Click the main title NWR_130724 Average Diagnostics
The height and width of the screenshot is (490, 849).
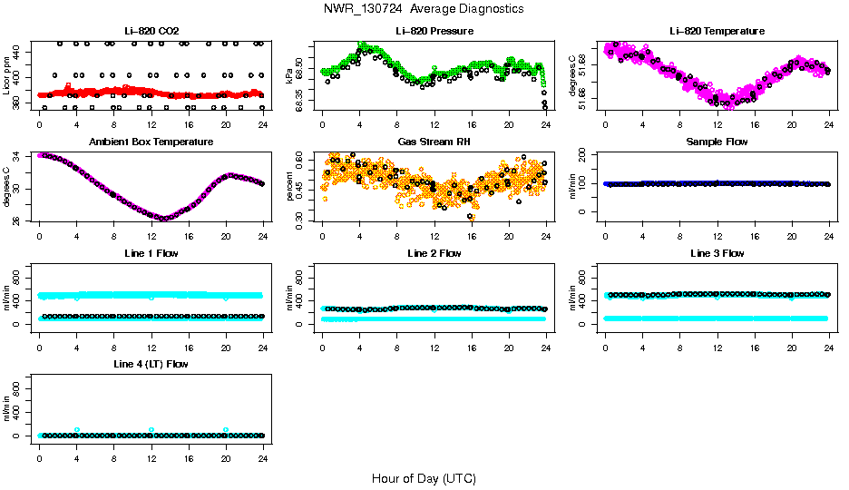pos(424,8)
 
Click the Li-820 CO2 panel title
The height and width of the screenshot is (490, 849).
pos(151,31)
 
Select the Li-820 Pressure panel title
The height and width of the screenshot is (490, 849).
pos(434,31)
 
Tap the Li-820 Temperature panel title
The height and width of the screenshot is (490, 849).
pos(717,31)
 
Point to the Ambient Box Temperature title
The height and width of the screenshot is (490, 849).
pos(151,142)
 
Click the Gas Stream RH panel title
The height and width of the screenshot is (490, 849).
pos(434,142)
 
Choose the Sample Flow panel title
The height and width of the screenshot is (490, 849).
pos(717,142)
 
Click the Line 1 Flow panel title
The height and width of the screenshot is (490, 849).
pos(151,253)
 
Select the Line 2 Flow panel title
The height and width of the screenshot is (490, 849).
pos(434,253)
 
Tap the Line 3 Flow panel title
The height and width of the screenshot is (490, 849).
pos(717,253)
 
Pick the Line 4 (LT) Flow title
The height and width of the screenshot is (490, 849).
pos(151,364)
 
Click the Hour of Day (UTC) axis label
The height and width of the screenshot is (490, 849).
pos(424,478)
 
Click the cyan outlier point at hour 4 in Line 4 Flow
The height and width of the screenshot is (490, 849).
pos(77,430)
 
